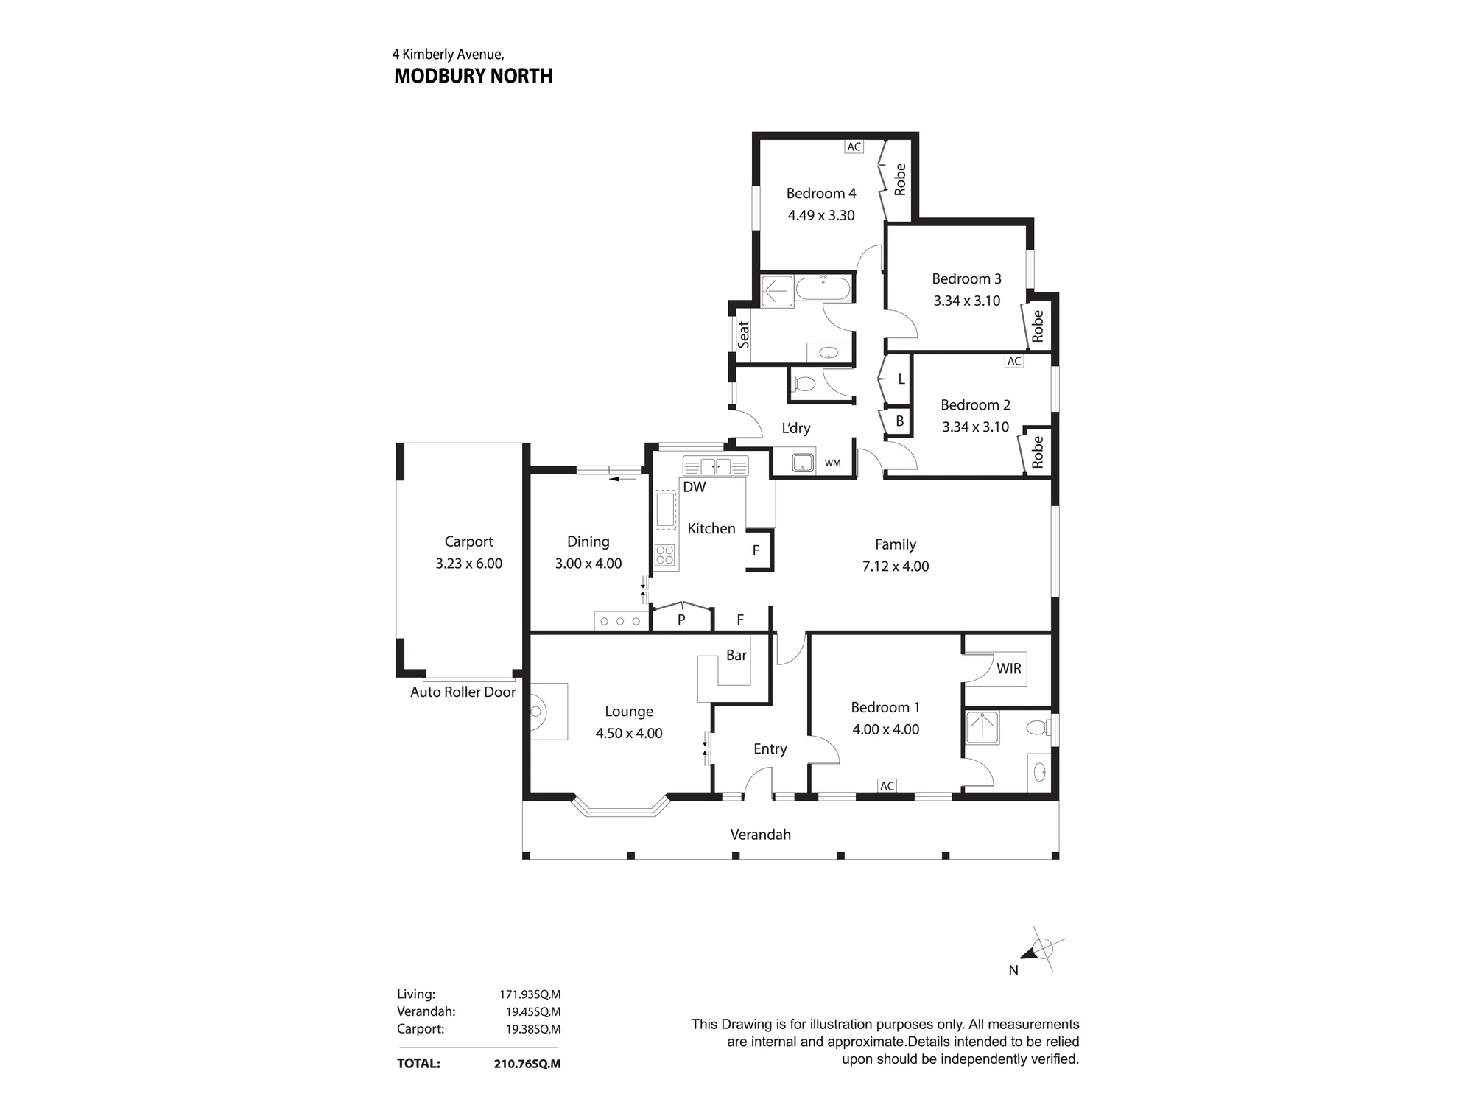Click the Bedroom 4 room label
tap(821, 194)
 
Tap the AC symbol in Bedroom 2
tap(1014, 361)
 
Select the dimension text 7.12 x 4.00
tap(896, 566)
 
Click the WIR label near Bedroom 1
tap(1009, 668)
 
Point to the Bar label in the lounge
tap(736, 655)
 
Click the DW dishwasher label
tap(695, 487)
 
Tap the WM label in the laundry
tap(832, 463)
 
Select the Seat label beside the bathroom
tap(744, 334)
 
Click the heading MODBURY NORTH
tap(474, 76)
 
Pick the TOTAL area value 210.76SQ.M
tap(527, 1064)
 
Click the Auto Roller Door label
tap(463, 692)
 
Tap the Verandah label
tap(761, 835)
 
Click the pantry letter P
tap(681, 620)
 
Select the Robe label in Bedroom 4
tap(899, 180)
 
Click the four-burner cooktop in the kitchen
tap(666, 555)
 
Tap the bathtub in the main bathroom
tap(823, 288)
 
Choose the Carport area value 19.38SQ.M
tap(533, 1029)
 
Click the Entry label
tap(770, 749)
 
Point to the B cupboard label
tap(899, 421)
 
